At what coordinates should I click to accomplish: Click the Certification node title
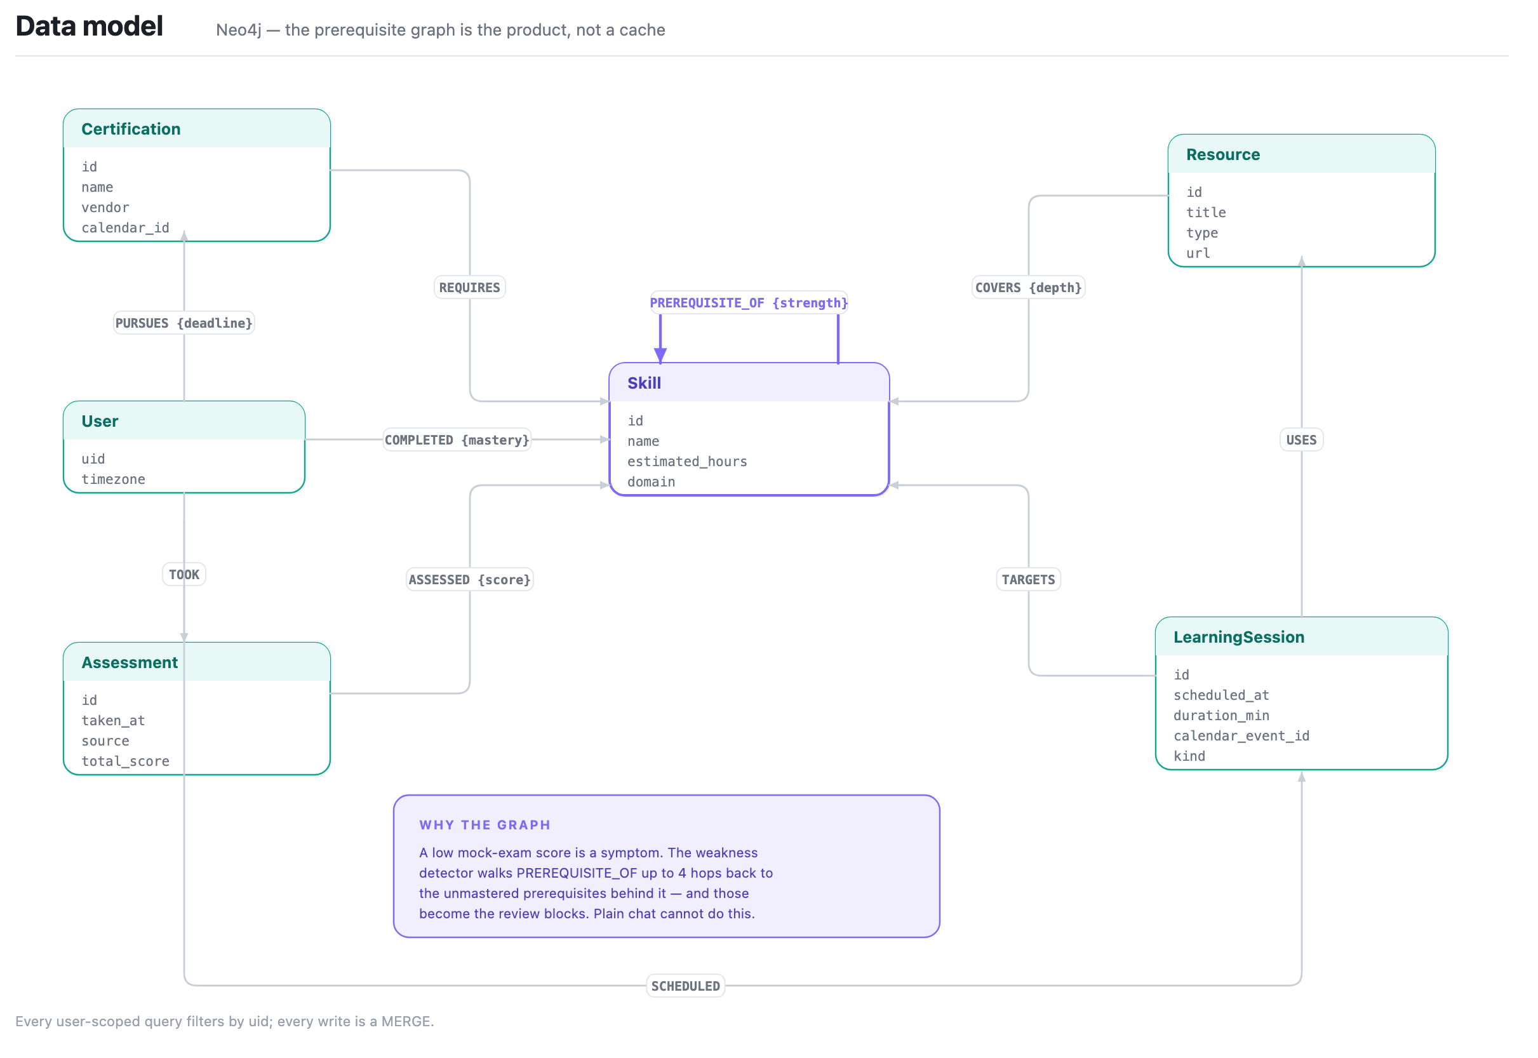pos(131,130)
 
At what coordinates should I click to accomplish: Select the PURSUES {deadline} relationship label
pos(184,323)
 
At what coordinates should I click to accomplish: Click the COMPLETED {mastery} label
pos(457,440)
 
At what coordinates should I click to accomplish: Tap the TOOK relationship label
pos(184,575)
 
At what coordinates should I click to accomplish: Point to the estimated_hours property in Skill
pos(688,462)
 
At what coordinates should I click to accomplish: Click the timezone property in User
pos(114,480)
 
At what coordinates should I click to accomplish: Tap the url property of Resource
pos(1198,253)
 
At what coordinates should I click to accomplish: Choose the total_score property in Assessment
pos(125,761)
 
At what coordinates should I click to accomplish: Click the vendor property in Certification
pos(105,208)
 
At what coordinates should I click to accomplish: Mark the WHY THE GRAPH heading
pos(485,826)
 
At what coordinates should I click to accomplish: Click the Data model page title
pos(90,26)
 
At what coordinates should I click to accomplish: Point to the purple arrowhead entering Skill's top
pos(661,356)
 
